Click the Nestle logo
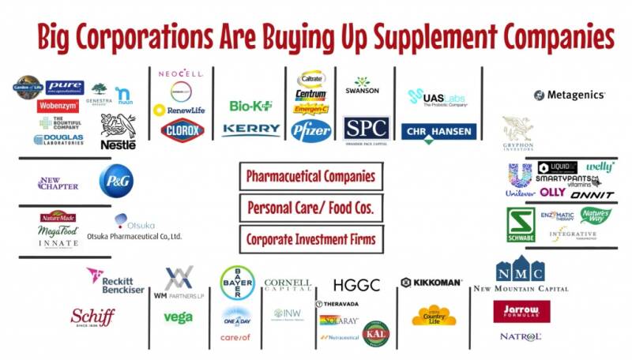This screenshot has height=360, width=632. tap(118, 131)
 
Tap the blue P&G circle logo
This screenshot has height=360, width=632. tap(116, 181)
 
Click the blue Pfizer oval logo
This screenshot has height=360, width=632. tap(310, 130)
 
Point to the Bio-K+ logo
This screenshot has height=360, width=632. tap(250, 106)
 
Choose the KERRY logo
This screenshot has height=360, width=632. tap(250, 129)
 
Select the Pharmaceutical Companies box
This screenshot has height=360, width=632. tap(310, 176)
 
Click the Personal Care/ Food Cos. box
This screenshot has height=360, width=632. tap(310, 208)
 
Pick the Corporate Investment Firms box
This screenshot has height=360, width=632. tap(310, 238)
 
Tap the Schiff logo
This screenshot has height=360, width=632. tap(92, 317)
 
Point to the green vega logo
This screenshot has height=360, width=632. tap(178, 317)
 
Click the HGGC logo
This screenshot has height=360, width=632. tap(356, 285)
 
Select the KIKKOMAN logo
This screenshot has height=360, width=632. tap(431, 282)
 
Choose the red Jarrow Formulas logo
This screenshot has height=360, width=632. tap(521, 311)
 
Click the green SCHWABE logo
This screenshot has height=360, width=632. tap(521, 224)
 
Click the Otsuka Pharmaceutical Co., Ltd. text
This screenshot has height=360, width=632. tap(134, 236)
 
